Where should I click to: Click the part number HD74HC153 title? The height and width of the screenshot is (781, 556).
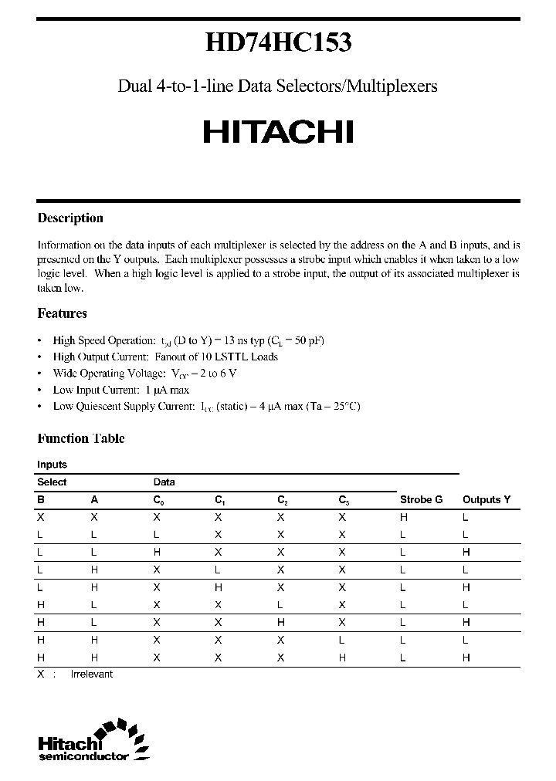tap(278, 42)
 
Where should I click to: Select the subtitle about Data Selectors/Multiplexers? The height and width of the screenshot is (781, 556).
tap(278, 86)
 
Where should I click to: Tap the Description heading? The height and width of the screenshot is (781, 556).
tap(70, 218)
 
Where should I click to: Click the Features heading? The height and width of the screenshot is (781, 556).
tap(62, 313)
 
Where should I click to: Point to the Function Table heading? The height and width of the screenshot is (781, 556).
tap(81, 438)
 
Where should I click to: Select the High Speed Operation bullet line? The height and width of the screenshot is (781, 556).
tap(183, 340)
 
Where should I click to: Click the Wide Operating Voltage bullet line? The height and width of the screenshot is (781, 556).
tap(144, 373)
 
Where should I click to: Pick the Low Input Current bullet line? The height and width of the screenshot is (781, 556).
tap(121, 390)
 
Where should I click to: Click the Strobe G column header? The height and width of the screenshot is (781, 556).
tap(421, 499)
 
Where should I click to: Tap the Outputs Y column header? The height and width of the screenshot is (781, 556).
tap(486, 499)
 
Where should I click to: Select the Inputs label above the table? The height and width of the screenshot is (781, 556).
tap(52, 465)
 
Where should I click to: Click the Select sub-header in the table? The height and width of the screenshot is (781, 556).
tap(52, 482)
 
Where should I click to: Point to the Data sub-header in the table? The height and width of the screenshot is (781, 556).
tap(164, 482)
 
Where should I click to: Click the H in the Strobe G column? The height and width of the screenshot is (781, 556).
tap(403, 517)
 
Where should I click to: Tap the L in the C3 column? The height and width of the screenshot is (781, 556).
tap(341, 640)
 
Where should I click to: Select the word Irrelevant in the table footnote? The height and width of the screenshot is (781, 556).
tap(92, 674)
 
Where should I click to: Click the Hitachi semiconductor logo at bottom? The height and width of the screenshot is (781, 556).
tap(93, 742)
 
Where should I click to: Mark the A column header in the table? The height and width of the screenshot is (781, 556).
tap(94, 499)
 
